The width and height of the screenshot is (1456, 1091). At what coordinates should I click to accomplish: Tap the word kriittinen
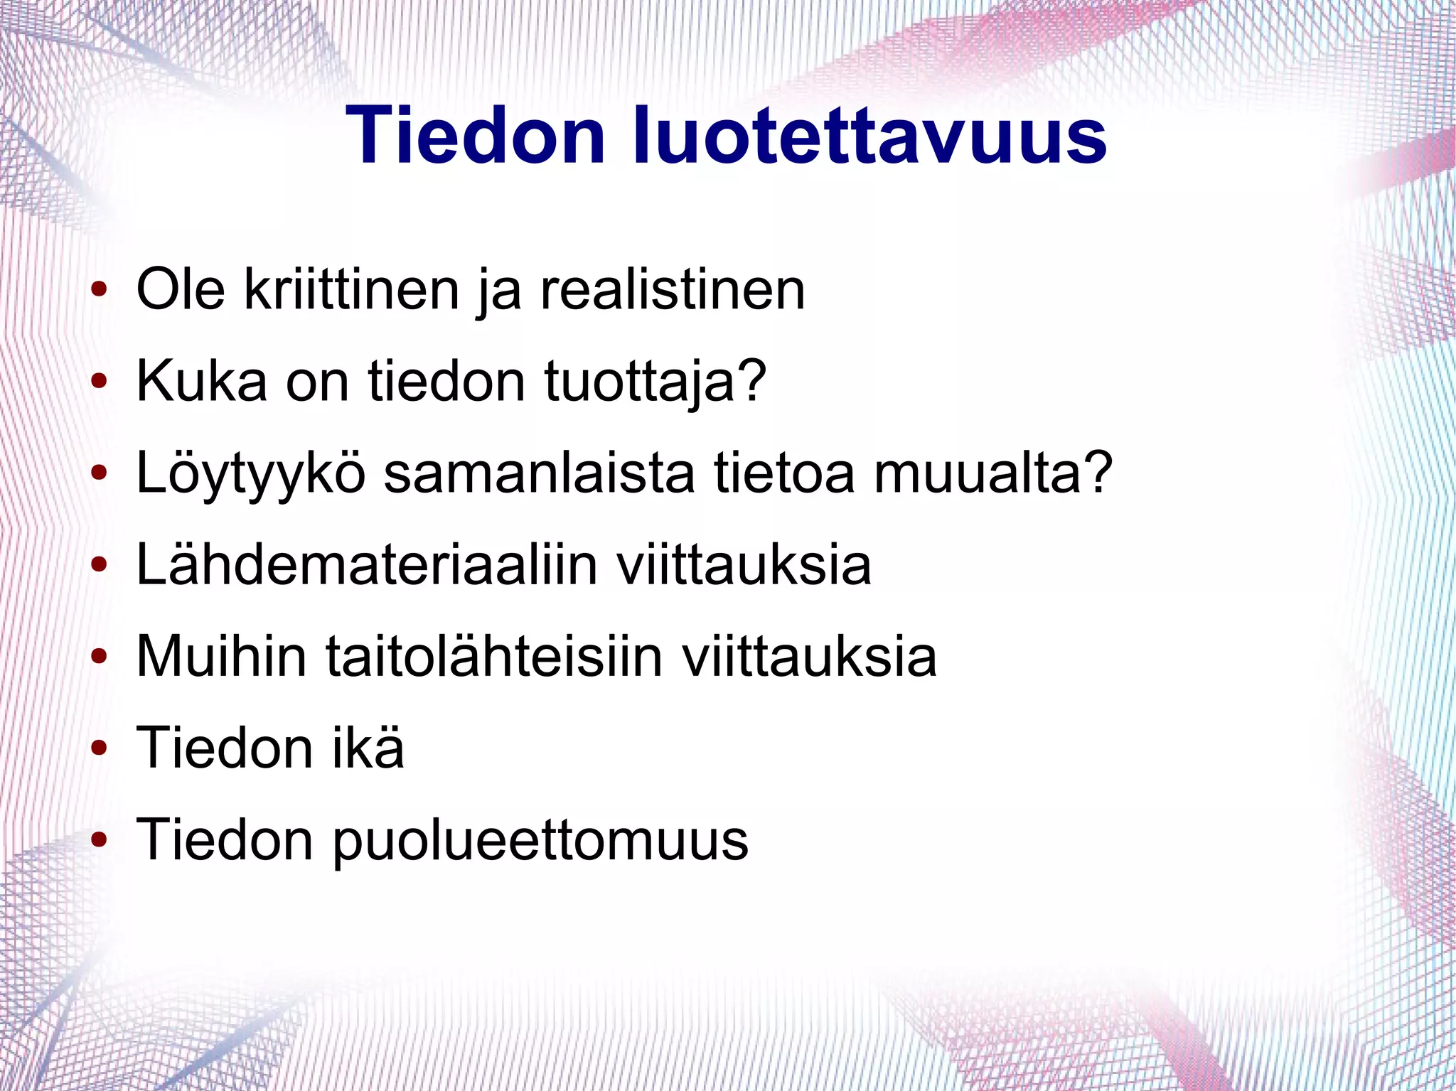point(352,290)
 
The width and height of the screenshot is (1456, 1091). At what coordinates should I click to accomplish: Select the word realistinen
point(673,290)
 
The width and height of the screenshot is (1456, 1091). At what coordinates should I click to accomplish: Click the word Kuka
point(202,382)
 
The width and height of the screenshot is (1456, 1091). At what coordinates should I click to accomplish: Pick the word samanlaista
point(539,473)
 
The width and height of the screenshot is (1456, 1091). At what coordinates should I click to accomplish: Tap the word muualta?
point(992,473)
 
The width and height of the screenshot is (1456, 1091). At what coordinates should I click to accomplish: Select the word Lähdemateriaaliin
point(366,565)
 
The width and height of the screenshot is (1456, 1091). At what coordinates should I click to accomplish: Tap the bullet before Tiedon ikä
point(99,748)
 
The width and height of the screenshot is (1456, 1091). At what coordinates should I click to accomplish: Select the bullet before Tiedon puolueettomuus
point(99,840)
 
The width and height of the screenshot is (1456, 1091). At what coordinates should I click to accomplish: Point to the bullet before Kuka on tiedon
point(99,382)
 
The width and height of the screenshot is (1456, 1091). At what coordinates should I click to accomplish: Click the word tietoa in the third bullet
point(783,473)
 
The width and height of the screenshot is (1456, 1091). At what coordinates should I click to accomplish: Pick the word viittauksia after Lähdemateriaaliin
point(743,565)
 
